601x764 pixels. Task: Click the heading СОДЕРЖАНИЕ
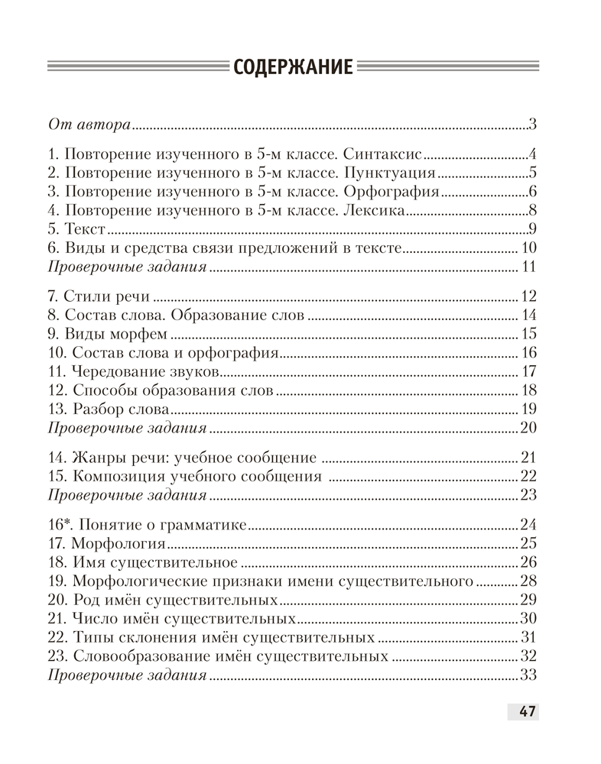pos(293,67)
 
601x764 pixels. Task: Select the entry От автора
pos(89,124)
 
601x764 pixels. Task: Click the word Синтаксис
pos(383,152)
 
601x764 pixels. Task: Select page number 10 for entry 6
pos(530,248)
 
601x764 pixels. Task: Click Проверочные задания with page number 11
pos(127,267)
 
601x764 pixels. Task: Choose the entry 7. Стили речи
pos(99,296)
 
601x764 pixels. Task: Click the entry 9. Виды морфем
pos(107,334)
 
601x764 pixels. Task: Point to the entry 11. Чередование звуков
pos(134,372)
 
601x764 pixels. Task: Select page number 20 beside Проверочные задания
pos(528,428)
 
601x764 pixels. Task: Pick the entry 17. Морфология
pos(106,543)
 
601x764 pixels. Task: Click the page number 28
pos(529,581)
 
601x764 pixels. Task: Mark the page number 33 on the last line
pos(528,675)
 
